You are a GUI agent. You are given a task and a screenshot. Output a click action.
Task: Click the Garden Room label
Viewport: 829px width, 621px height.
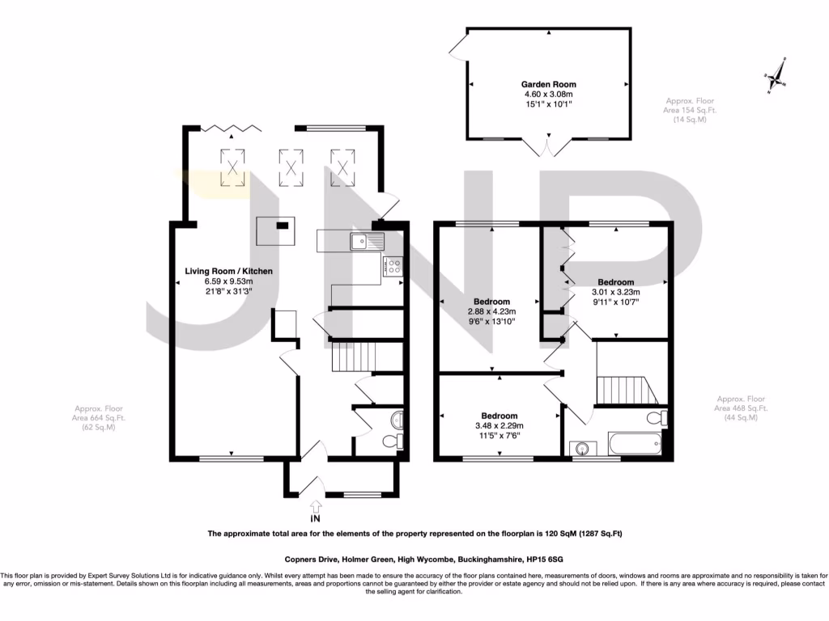(x=548, y=84)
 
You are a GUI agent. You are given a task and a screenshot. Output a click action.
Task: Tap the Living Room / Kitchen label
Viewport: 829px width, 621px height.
(x=229, y=271)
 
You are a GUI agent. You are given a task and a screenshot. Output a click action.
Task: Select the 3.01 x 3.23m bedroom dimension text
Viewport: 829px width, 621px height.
(x=616, y=292)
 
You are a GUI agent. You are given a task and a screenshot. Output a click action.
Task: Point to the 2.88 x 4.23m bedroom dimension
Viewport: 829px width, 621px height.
(x=491, y=311)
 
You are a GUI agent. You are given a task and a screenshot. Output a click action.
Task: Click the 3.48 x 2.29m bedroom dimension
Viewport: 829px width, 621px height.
(x=500, y=425)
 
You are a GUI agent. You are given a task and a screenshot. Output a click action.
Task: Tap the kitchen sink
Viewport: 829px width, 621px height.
(x=367, y=242)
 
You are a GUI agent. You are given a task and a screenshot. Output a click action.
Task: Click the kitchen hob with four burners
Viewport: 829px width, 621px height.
(x=394, y=266)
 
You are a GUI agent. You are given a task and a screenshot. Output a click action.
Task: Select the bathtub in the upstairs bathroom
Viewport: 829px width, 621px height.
(x=635, y=444)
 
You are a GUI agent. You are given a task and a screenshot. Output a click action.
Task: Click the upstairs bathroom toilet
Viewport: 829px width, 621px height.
(x=657, y=418)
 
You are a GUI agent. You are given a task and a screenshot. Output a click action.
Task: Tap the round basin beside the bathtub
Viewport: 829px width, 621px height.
(x=583, y=448)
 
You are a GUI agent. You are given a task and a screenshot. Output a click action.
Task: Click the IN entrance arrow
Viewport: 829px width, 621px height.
(x=316, y=506)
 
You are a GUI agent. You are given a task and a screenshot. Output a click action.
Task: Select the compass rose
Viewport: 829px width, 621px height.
(x=776, y=77)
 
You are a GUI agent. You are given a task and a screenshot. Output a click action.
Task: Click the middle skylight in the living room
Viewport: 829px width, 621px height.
(x=291, y=168)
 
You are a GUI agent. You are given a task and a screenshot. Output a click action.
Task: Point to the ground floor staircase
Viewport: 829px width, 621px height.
(x=354, y=357)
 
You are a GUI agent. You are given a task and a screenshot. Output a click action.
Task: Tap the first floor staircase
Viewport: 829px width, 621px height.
(x=627, y=390)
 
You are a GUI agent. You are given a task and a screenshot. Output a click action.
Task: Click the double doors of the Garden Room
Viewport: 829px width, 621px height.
(x=548, y=146)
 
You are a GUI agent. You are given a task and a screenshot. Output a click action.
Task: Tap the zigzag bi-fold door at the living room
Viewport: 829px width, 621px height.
(x=232, y=127)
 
